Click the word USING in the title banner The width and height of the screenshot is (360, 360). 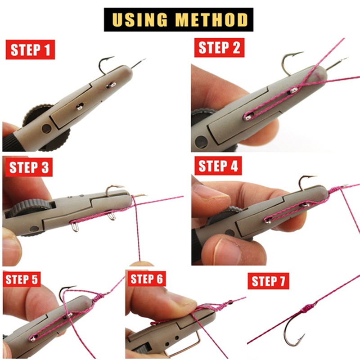[x=140, y=19]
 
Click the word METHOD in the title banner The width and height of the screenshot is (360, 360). [x=211, y=19]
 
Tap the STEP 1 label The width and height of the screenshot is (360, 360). [x=30, y=49]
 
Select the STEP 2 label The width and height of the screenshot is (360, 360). [x=219, y=48]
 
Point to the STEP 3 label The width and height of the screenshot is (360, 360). [x=29, y=167]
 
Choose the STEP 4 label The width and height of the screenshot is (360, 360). [x=218, y=166]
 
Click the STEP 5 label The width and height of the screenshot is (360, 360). [x=22, y=279]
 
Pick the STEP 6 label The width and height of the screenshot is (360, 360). [x=147, y=279]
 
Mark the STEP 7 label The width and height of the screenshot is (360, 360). [x=268, y=281]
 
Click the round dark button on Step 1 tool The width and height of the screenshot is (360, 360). [x=47, y=129]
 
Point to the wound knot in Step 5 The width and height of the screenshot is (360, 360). [x=98, y=297]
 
